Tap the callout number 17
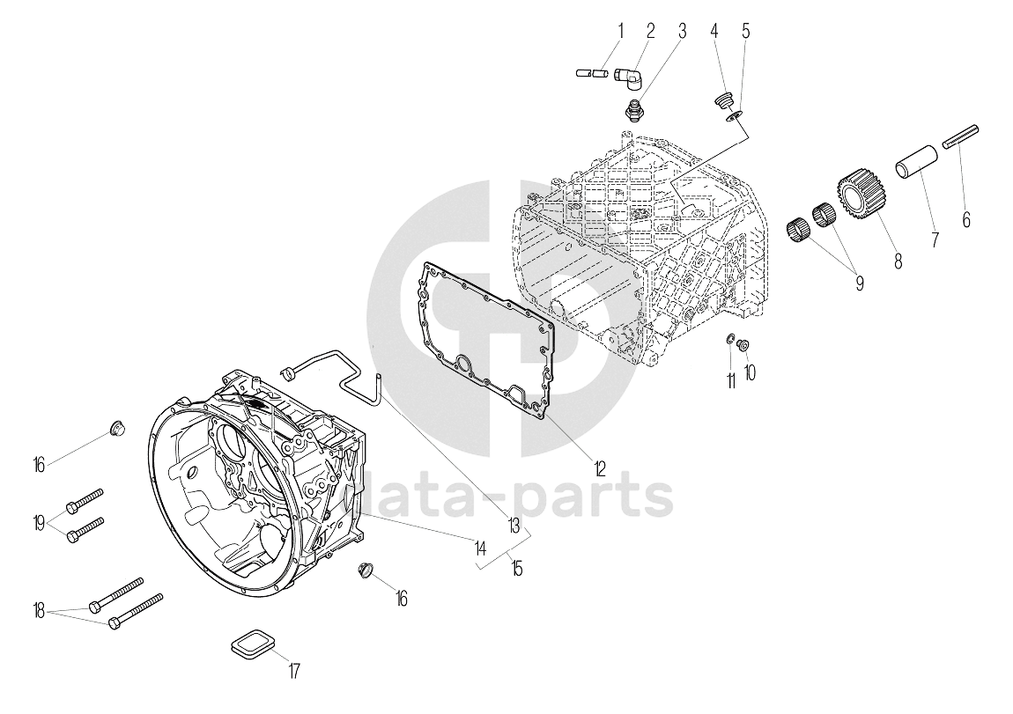point(294,672)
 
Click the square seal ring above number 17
point(254,644)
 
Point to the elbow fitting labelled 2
point(626,77)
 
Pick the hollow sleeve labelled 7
point(919,164)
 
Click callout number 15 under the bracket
point(516,569)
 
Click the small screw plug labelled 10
point(743,346)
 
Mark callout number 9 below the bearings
point(859,282)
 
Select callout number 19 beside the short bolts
point(40,521)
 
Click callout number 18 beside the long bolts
point(40,610)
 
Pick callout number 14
point(480,549)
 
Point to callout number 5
point(746,31)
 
